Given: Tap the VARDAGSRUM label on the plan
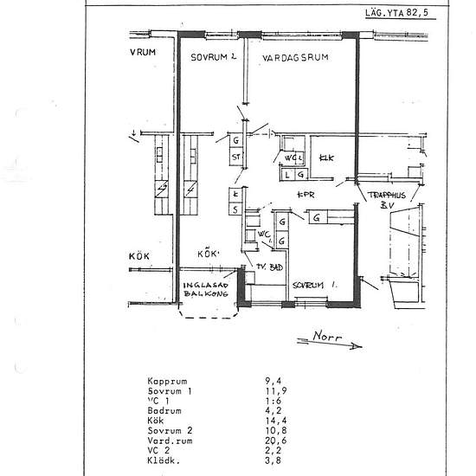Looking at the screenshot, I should (x=296, y=57).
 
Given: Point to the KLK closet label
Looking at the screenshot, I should (x=326, y=158).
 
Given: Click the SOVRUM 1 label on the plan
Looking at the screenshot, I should (x=313, y=284).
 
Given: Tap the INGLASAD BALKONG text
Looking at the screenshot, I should (x=205, y=290).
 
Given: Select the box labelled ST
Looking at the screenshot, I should (x=236, y=157).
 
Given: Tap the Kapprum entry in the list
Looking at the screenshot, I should (x=167, y=380).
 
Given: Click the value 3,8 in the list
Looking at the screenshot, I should (x=272, y=460).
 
